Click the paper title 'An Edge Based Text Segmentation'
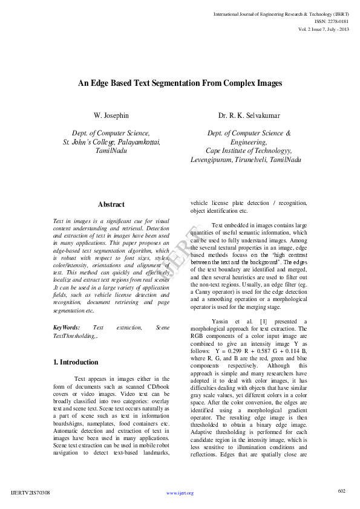click(180, 84)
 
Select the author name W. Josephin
click(111, 115)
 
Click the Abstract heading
click(111, 205)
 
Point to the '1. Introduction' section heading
click(76, 363)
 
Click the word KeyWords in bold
click(67, 327)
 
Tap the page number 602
click(341, 491)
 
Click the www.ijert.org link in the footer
click(180, 493)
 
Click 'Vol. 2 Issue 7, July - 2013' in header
click(324, 29)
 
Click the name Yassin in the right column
click(221, 321)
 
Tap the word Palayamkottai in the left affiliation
click(140, 141)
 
